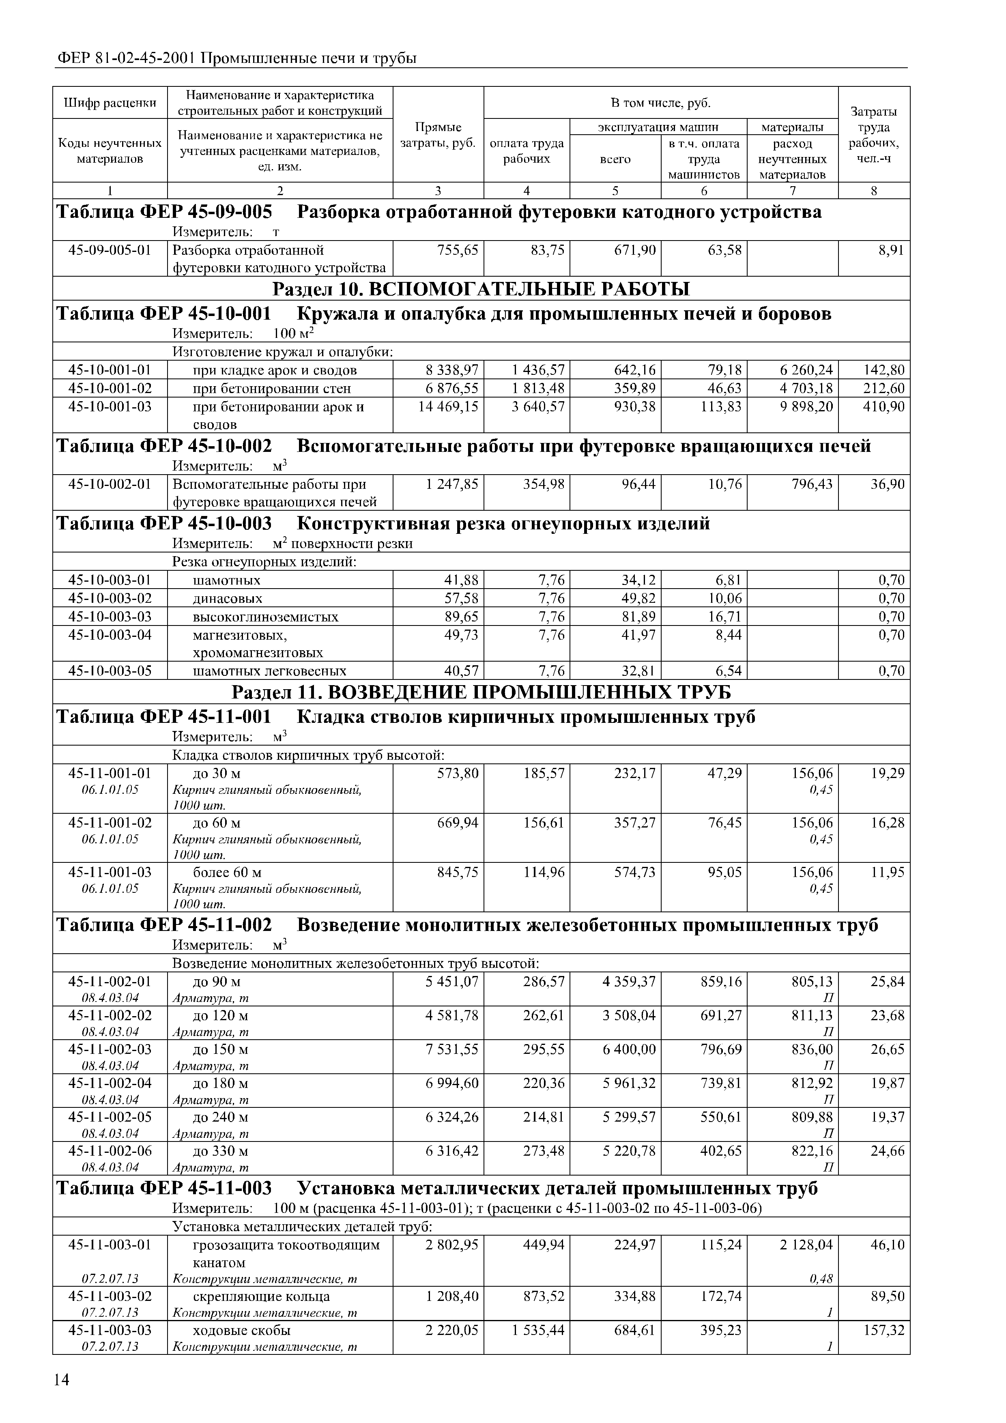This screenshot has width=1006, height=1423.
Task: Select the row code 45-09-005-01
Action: tap(110, 250)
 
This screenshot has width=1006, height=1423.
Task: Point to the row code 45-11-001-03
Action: tap(110, 873)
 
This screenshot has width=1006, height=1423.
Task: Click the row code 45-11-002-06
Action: tap(110, 1151)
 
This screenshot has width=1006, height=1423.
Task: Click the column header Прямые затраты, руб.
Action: tap(438, 135)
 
